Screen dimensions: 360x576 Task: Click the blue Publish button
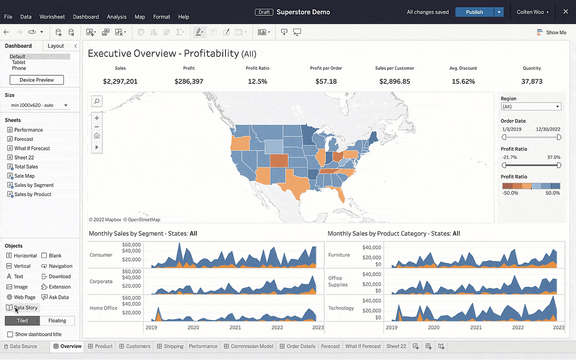(474, 12)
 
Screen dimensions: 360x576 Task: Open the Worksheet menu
(52, 17)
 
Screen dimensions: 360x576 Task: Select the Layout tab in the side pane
(56, 46)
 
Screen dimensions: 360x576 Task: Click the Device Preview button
(36, 80)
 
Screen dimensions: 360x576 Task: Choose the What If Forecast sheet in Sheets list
(32, 148)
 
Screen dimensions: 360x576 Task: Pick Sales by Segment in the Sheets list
(34, 185)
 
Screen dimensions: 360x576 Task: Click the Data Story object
(25, 308)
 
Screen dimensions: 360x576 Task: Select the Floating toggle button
(57, 321)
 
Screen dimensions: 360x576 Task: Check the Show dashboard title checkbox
(10, 334)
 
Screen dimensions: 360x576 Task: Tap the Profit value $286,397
(189, 81)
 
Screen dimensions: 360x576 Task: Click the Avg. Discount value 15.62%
(463, 81)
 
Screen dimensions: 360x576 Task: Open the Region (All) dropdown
(531, 107)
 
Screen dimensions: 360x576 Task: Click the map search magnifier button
(97, 101)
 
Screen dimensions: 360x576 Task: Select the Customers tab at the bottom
(138, 346)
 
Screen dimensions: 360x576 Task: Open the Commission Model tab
(252, 346)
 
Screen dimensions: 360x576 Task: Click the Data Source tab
(23, 346)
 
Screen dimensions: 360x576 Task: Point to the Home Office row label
(103, 308)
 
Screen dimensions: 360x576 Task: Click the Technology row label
(341, 308)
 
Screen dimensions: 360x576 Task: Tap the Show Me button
(552, 32)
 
